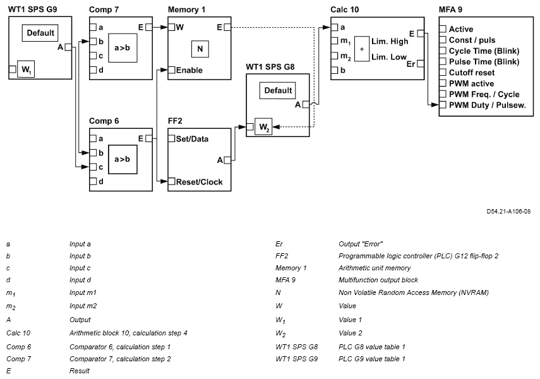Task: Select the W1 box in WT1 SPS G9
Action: [26, 68]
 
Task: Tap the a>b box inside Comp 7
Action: [123, 48]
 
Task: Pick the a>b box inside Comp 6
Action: [123, 160]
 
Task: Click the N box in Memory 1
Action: [199, 48]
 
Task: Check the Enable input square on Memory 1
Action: [171, 69]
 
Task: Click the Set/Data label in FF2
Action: [193, 138]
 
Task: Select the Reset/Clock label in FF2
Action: [199, 182]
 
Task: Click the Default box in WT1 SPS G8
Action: [278, 90]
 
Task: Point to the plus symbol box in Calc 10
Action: [362, 49]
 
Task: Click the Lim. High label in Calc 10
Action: [390, 41]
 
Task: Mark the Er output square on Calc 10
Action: [421, 63]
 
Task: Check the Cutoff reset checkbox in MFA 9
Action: [443, 72]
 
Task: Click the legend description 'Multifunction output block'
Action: [378, 279]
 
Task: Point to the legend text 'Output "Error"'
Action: [357, 243]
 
